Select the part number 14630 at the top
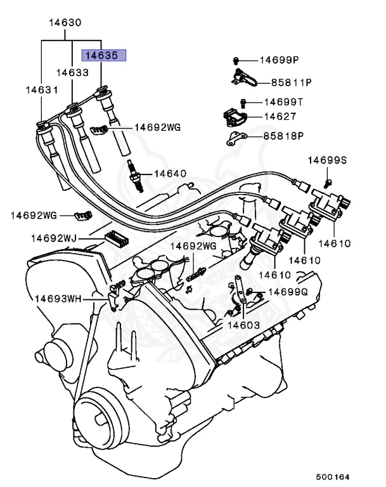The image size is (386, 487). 65,23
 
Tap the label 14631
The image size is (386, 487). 41,90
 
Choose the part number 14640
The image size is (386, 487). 170,173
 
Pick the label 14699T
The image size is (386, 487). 283,101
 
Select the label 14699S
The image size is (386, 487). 327,160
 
